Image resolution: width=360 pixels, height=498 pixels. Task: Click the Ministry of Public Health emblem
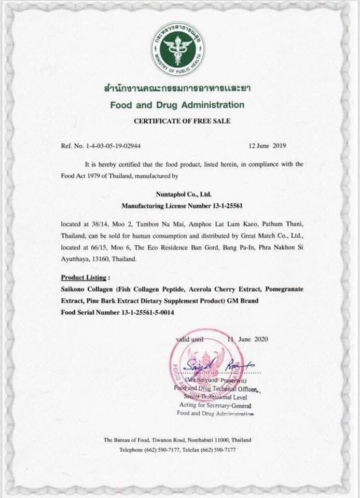tap(177, 49)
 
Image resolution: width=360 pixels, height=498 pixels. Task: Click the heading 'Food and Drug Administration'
tap(177, 105)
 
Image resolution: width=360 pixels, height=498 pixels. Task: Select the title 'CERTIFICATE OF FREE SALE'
tap(177, 121)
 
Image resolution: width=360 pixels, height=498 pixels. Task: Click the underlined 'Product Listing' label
tap(86, 277)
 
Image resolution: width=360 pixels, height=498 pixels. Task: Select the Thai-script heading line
tap(177, 89)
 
